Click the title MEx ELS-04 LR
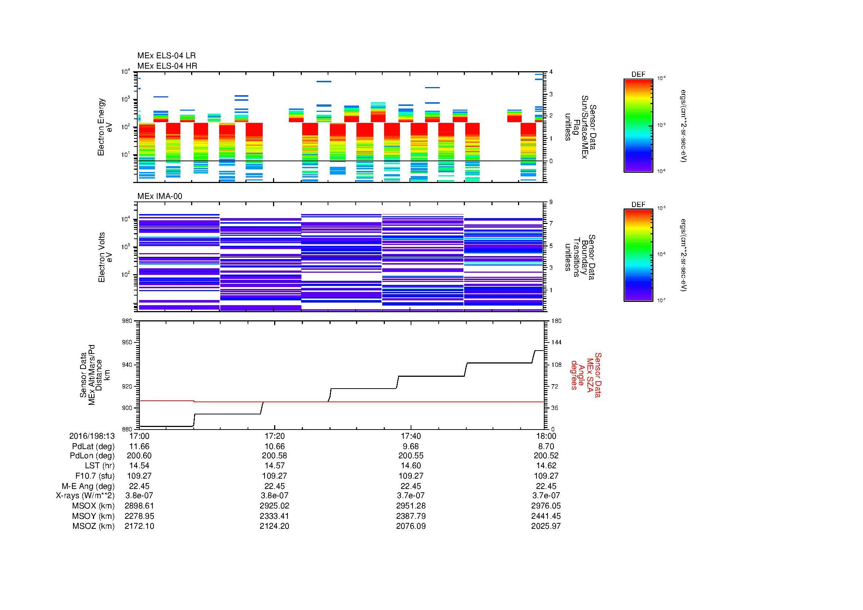pyautogui.click(x=166, y=56)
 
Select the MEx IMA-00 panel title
pyautogui.click(x=159, y=196)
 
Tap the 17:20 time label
pyautogui.click(x=275, y=436)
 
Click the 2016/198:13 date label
pyautogui.click(x=92, y=436)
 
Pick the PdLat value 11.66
pyautogui.click(x=139, y=447)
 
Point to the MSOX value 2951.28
pyautogui.click(x=411, y=506)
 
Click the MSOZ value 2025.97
pyautogui.click(x=546, y=526)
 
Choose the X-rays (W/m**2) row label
pyautogui.click(x=85, y=496)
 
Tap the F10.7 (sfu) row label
pyautogui.click(x=95, y=476)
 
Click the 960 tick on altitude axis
pyautogui.click(x=128, y=343)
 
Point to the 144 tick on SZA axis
pyautogui.click(x=556, y=343)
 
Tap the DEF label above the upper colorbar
pyautogui.click(x=638, y=75)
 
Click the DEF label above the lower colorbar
pyautogui.click(x=638, y=204)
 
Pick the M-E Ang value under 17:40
pyautogui.click(x=411, y=486)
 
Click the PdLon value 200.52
pyautogui.click(x=546, y=456)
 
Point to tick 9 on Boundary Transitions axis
pyautogui.click(x=551, y=202)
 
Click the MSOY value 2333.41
pyautogui.click(x=275, y=516)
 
